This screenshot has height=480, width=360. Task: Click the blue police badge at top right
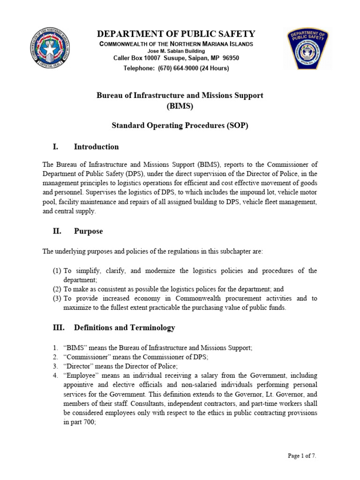[307, 49]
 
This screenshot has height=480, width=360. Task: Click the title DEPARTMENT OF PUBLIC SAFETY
[176, 34]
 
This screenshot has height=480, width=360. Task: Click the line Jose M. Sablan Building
[176, 51]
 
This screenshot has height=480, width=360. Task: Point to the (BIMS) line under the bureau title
[180, 106]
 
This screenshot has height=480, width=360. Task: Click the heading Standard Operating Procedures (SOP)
[180, 126]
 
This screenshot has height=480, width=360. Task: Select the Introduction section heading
[96, 147]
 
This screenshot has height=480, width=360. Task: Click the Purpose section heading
[88, 231]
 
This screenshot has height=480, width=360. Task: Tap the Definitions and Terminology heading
[124, 328]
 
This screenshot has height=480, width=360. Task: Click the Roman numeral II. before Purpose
[57, 231]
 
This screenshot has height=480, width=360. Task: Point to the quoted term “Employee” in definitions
[80, 375]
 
